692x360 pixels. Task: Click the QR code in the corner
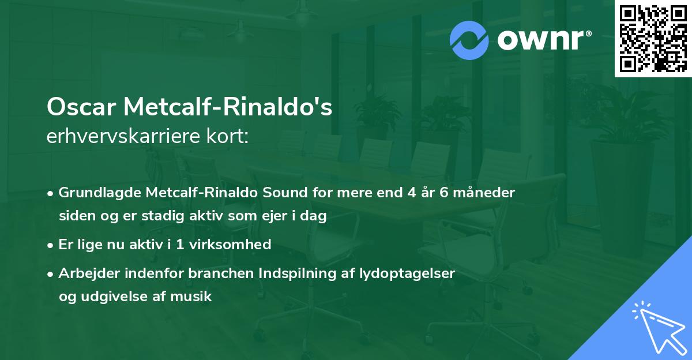(653, 39)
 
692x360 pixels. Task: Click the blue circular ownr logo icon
(469, 40)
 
